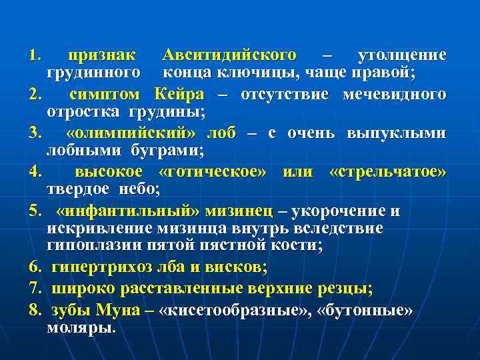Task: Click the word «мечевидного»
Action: click(x=394, y=93)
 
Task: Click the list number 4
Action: click(x=35, y=172)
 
